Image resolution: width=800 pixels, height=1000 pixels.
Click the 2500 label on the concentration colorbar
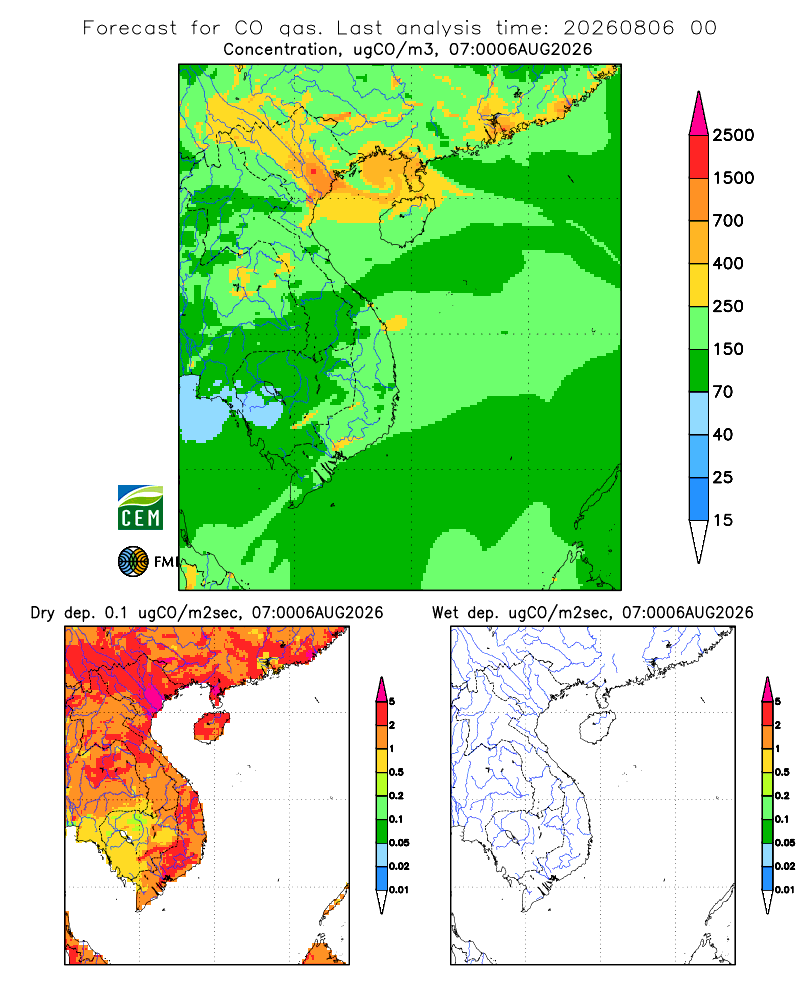[x=733, y=135]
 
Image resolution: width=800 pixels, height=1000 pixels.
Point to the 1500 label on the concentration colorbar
[x=733, y=178]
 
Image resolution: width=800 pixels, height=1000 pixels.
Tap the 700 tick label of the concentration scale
[x=728, y=221]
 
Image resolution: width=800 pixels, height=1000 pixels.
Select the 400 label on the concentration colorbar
[x=728, y=263]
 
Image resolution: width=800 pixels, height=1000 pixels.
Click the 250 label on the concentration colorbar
[x=728, y=306]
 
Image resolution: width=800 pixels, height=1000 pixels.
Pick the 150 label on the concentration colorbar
[x=728, y=349]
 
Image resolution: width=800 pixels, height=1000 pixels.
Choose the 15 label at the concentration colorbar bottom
[x=723, y=520]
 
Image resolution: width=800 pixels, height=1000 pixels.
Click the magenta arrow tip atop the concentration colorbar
[x=699, y=92]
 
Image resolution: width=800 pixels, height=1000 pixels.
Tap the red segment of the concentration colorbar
[x=699, y=157]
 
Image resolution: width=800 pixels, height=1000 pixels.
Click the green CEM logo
[x=140, y=508]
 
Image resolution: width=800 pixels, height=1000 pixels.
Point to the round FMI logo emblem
[x=133, y=562]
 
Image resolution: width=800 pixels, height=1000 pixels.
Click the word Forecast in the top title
[x=130, y=28]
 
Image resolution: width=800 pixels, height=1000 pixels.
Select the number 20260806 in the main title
[x=618, y=28]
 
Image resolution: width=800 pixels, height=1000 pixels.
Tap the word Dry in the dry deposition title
[x=43, y=613]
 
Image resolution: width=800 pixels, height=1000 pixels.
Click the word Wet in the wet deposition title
[x=445, y=613]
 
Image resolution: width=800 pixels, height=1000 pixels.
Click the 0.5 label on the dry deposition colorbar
[x=396, y=772]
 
